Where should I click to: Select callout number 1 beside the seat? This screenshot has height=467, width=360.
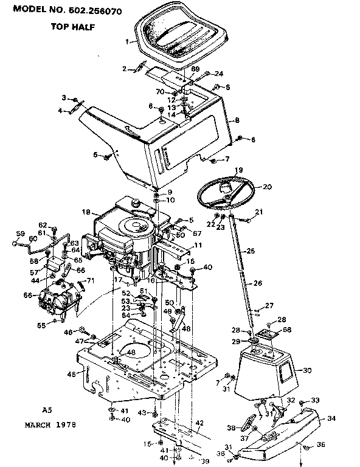127,42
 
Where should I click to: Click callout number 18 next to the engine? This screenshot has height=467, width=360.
86,212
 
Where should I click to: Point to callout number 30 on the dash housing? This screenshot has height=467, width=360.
306,370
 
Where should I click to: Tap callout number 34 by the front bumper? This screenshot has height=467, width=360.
331,418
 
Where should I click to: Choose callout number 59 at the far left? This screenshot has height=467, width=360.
18,233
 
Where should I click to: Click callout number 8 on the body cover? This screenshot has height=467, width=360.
237,120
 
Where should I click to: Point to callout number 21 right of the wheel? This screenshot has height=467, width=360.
258,212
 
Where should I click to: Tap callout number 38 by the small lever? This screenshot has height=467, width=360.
230,428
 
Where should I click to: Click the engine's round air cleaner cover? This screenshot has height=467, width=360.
135,229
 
